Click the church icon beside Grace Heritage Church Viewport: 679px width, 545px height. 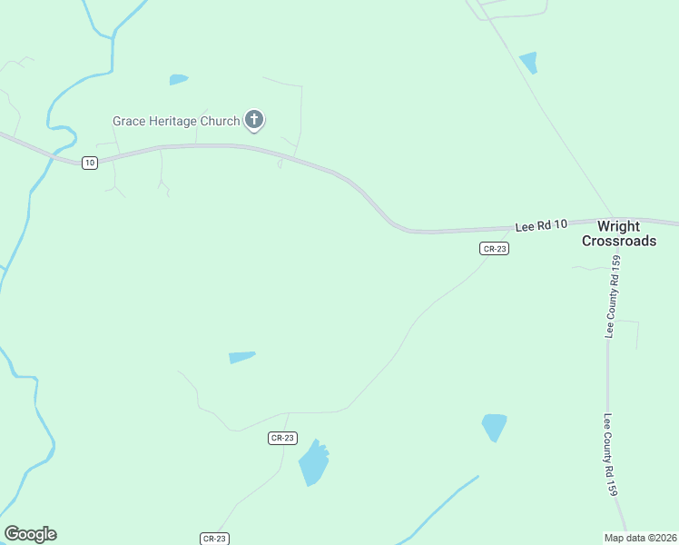coord(254,119)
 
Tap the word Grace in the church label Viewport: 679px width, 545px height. coord(129,121)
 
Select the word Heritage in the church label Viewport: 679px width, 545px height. coord(176,121)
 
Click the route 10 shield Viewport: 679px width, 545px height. coord(88,163)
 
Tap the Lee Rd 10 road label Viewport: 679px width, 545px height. coord(541,224)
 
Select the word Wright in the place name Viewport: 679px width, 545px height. coord(618,226)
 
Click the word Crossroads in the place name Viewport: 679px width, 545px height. coord(618,241)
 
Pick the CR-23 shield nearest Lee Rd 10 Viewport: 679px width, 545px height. coord(494,248)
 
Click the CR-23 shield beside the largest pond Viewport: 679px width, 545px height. coord(283,438)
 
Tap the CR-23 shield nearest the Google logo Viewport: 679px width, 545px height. coord(215,539)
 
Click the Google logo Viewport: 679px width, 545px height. coord(30,534)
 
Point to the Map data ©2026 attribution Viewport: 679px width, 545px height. coord(641,538)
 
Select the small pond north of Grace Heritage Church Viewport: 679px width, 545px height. coord(178,80)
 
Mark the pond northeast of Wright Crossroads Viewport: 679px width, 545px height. coord(528,63)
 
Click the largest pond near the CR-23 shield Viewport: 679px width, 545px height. coord(313,463)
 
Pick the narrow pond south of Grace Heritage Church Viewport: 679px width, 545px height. coord(241,357)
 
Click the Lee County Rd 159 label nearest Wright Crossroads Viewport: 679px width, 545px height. coord(615,297)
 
